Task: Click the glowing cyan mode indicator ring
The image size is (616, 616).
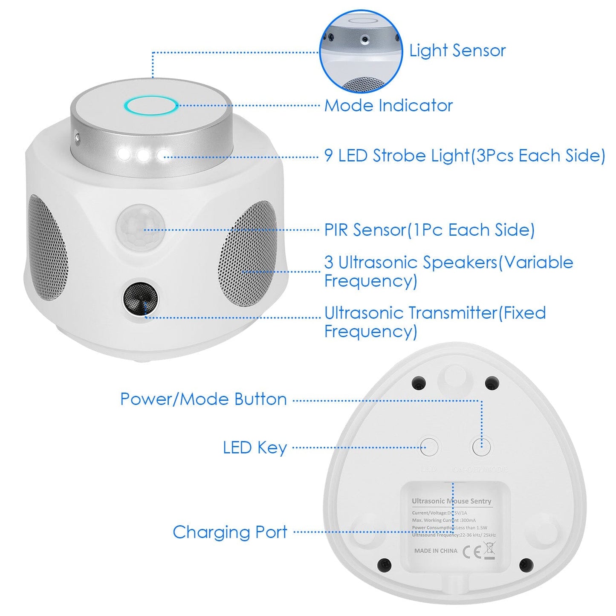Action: [151, 106]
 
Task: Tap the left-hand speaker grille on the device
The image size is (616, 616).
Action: [46, 247]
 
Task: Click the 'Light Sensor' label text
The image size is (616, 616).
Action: [457, 51]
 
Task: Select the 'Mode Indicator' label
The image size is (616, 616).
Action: [388, 106]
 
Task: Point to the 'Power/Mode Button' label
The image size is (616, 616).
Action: [203, 399]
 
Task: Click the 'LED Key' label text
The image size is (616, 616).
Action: [255, 448]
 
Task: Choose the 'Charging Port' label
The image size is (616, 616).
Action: [230, 532]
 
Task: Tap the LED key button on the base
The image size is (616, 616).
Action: [429, 447]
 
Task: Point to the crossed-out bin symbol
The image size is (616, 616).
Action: [489, 550]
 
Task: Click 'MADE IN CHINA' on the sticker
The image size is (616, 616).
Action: [436, 551]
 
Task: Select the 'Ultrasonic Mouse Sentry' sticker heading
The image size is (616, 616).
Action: [451, 501]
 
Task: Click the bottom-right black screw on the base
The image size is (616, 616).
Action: [526, 565]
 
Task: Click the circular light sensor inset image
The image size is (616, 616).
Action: [361, 51]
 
